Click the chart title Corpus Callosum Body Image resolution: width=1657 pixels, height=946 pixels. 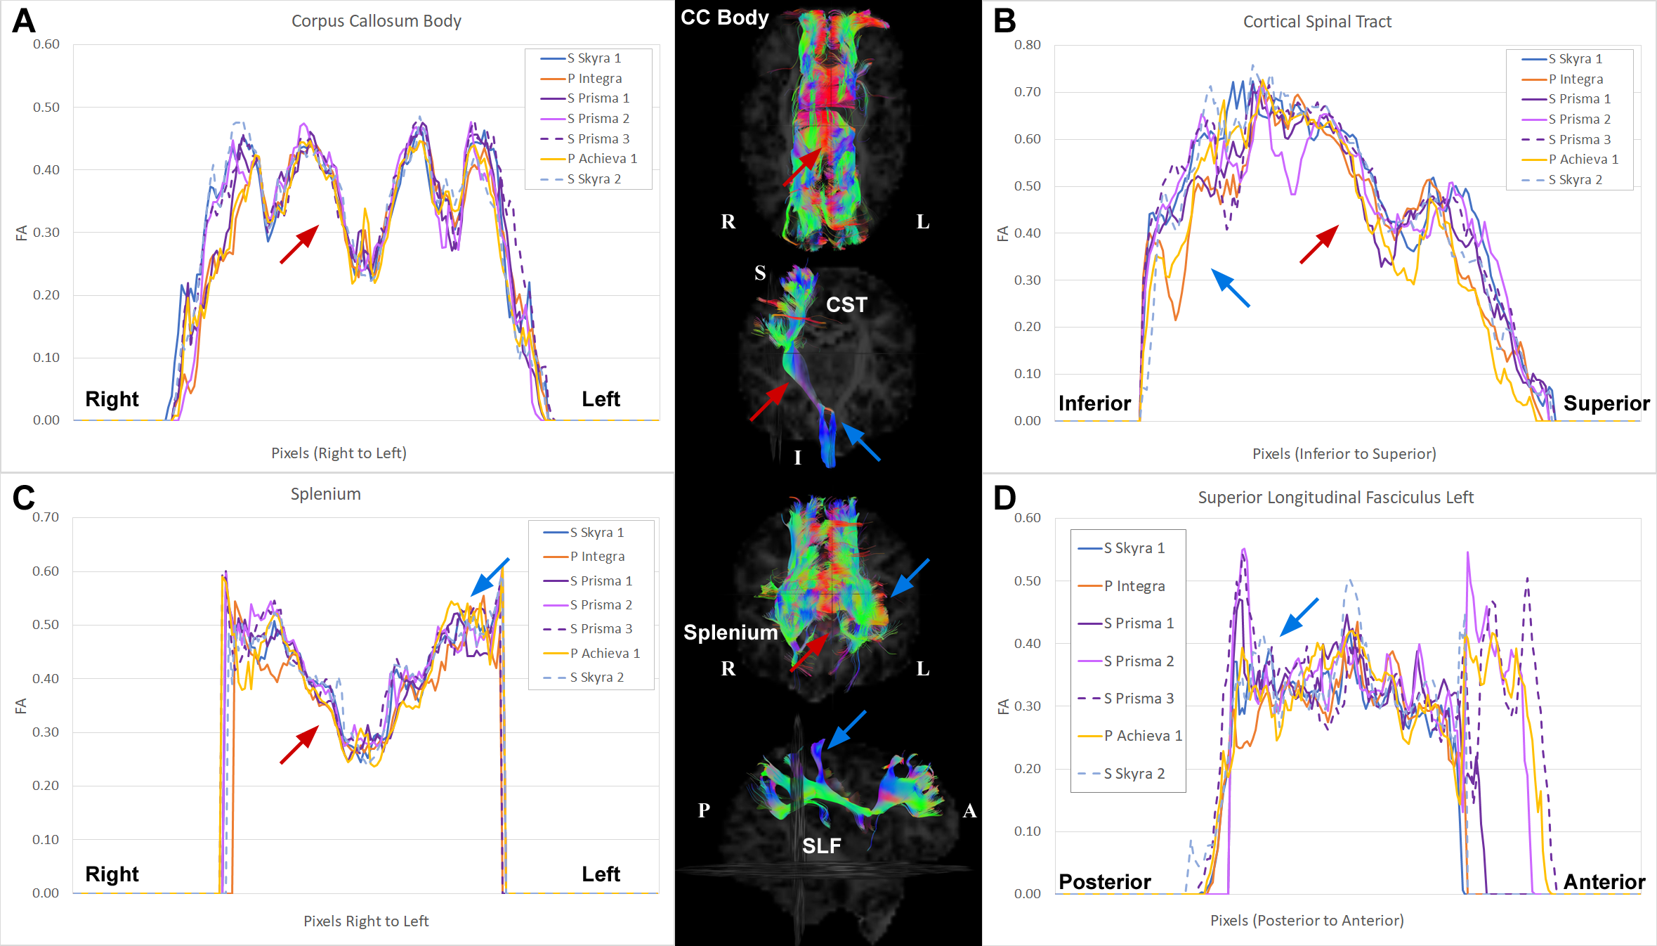tap(376, 21)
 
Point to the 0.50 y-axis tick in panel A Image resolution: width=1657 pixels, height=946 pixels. tap(46, 108)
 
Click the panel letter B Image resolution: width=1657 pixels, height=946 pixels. tap(1004, 21)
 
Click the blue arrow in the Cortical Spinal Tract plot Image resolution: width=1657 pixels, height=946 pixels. tap(1231, 288)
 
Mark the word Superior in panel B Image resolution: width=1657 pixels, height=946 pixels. tap(1606, 403)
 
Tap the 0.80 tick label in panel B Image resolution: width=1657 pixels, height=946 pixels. tap(1027, 45)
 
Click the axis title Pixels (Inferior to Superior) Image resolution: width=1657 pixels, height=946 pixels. tap(1344, 454)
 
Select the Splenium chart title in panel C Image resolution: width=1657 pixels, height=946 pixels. tap(326, 494)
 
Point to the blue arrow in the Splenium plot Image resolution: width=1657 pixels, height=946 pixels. tap(490, 577)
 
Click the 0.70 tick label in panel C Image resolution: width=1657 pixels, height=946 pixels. tap(46, 517)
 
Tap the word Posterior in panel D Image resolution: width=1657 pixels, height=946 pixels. tap(1104, 882)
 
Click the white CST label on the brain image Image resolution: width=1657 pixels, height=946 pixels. tap(846, 305)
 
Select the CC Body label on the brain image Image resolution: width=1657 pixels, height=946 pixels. tap(725, 18)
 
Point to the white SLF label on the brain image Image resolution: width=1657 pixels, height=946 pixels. tap(821, 845)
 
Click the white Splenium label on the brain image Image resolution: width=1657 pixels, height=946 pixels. tap(731, 633)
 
